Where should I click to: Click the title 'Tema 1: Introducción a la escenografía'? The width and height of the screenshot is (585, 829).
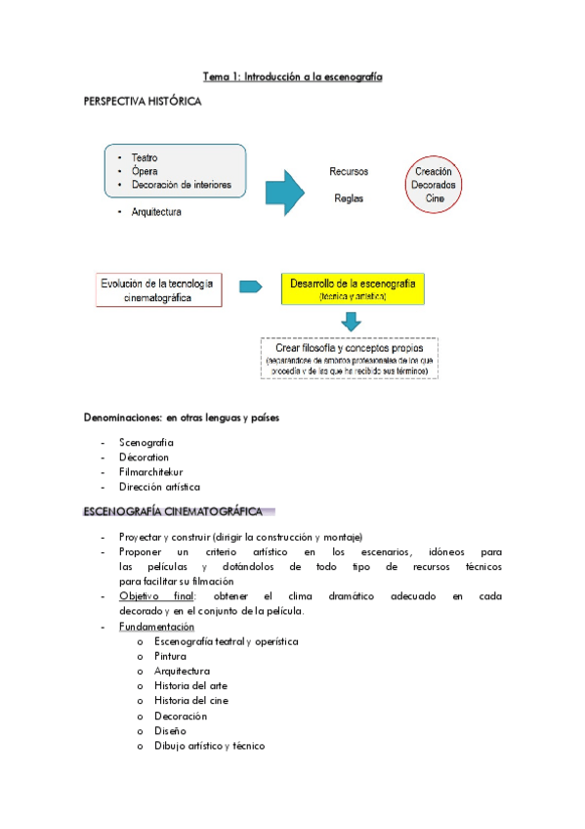click(292, 75)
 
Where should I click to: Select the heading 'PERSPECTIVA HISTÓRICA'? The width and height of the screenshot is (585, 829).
click(143, 103)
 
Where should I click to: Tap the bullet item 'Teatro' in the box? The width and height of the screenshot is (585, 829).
click(144, 157)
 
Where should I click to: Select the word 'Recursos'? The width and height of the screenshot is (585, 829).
click(349, 171)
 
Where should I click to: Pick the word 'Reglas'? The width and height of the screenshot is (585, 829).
click(349, 197)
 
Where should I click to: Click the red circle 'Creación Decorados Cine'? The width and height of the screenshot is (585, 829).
click(434, 184)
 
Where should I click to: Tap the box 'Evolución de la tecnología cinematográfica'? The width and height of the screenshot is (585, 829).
click(158, 290)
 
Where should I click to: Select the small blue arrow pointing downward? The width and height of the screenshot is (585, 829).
click(352, 323)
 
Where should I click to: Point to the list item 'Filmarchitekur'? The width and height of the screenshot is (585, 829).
click(150, 471)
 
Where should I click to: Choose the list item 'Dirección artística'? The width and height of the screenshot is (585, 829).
click(159, 486)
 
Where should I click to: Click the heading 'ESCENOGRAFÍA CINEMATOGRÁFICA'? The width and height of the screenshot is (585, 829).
click(173, 511)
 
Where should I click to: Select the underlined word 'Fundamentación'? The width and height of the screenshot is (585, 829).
click(156, 627)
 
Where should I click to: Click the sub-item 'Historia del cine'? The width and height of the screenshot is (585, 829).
click(191, 700)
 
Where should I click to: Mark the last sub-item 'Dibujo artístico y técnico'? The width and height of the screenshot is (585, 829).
click(209, 745)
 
